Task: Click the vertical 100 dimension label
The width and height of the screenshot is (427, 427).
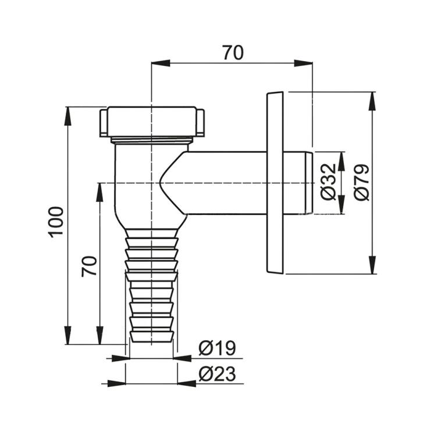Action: (56, 222)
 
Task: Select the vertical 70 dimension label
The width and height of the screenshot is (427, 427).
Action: (89, 266)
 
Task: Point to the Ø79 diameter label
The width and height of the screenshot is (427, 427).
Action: (362, 182)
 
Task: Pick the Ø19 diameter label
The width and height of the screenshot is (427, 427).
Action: (217, 348)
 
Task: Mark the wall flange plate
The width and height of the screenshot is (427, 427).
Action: (275, 183)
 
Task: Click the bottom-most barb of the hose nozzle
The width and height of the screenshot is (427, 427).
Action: (151, 337)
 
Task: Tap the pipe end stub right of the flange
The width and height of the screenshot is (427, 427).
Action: (298, 183)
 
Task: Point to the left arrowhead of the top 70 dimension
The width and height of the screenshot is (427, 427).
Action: (161, 63)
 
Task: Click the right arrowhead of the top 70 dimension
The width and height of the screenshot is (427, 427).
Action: (303, 63)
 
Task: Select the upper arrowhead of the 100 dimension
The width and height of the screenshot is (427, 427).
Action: (68, 116)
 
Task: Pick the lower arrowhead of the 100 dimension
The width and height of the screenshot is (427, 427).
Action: (68, 335)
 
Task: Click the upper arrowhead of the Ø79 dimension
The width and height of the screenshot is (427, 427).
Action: (372, 101)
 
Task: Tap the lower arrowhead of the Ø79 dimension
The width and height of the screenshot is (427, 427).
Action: (372, 265)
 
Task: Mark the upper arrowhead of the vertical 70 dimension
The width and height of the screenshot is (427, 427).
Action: (100, 193)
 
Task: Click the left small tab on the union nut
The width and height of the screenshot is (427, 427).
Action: (103, 123)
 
